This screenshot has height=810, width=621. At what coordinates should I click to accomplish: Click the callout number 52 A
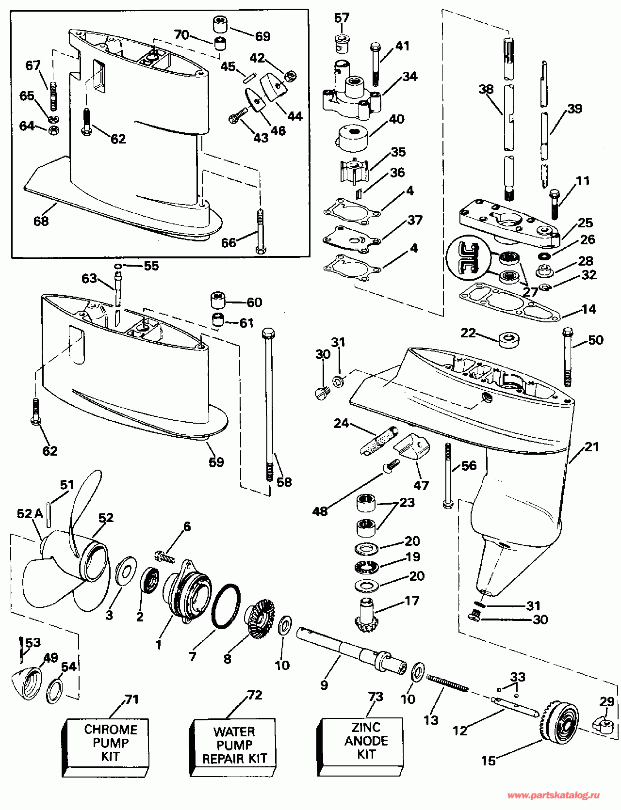30,514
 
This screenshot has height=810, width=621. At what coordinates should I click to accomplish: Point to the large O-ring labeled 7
226,606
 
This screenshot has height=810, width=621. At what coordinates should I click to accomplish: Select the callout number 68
41,221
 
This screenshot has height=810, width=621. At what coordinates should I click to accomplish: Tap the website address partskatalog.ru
554,795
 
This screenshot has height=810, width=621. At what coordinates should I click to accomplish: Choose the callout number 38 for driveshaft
486,89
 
